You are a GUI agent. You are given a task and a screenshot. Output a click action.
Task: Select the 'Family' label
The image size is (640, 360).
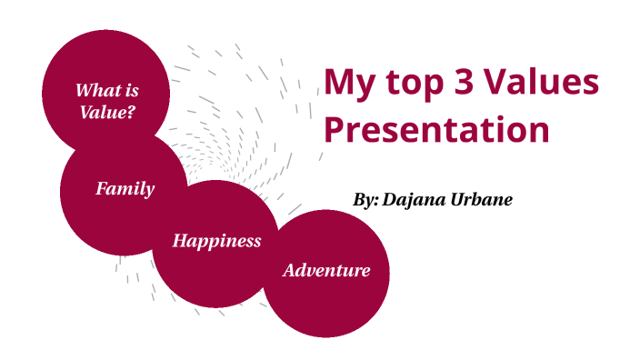125,189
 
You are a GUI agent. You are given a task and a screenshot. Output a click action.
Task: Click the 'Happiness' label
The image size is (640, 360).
216,241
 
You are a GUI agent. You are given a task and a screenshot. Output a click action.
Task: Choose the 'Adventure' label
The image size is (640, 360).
326,270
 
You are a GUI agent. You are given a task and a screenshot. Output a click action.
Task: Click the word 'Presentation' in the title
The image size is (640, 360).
437,130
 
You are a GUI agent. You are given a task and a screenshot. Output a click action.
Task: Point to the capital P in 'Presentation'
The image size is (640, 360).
335,130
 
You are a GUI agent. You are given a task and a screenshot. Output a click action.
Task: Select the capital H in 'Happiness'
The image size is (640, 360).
179,241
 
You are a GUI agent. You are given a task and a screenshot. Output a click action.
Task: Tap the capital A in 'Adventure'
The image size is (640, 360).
290,270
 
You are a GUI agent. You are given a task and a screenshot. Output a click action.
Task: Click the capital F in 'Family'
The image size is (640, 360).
102,189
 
